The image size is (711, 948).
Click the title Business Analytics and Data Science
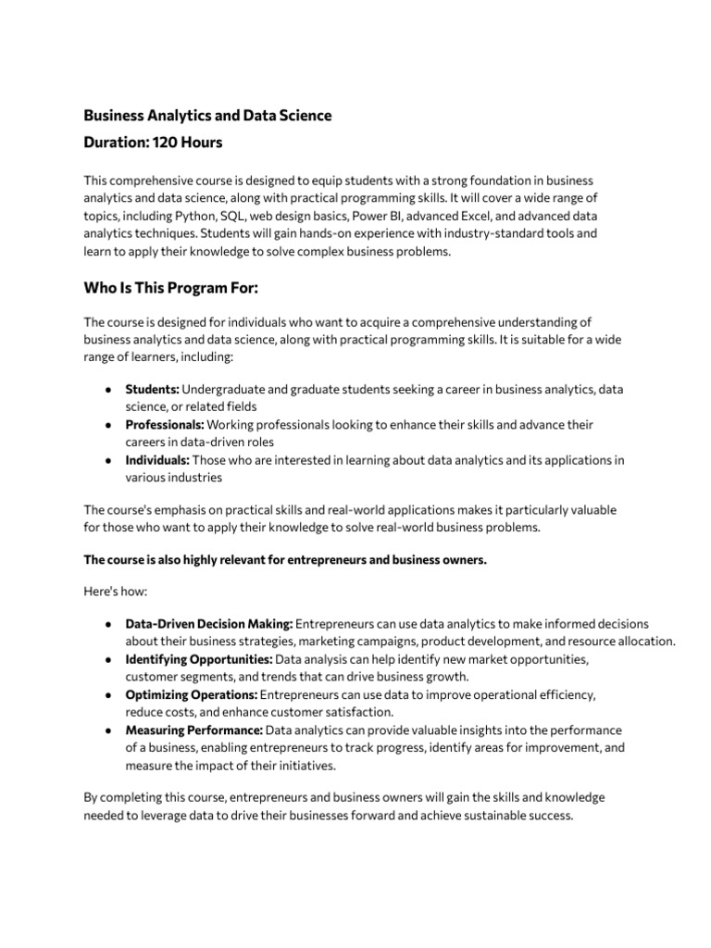(207, 116)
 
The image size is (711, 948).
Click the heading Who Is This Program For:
(171, 289)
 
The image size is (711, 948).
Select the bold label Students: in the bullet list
(153, 389)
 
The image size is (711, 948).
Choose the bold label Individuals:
(157, 460)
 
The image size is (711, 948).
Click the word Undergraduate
(223, 389)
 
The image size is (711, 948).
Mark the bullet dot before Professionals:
(109, 425)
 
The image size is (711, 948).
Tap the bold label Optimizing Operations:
(192, 694)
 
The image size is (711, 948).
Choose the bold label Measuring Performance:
(194, 730)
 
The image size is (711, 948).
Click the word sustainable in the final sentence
(492, 817)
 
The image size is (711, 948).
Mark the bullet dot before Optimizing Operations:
(109, 695)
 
